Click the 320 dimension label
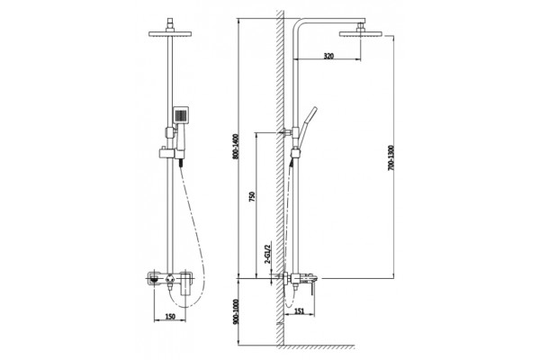coord(328,56)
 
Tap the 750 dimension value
coord(252,197)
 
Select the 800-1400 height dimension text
coord(236,147)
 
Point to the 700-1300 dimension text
coord(391,158)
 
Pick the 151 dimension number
coord(300,311)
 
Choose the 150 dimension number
coord(170,317)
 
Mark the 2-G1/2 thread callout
coord(267,254)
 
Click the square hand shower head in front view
coord(181,114)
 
